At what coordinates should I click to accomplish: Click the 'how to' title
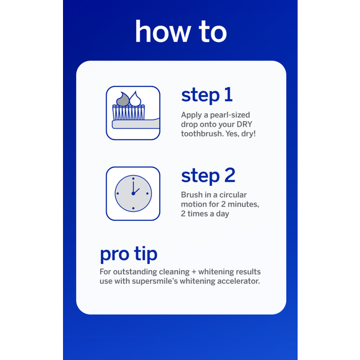[x=181, y=31]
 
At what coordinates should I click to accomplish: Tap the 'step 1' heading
[x=207, y=95]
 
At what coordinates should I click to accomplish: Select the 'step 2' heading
[x=208, y=176]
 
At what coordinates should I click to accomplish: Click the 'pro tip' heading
[x=128, y=254]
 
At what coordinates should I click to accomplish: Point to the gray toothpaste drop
[x=123, y=99]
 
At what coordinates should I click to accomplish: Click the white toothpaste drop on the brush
[x=135, y=99]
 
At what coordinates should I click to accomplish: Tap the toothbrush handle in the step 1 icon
[x=136, y=124]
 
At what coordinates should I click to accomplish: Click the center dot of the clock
[x=133, y=194]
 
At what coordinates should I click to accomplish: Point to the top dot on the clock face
[x=133, y=179]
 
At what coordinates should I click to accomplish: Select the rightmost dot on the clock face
[x=148, y=194]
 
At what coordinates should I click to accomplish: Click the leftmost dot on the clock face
[x=118, y=194]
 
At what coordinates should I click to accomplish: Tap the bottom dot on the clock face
[x=133, y=208]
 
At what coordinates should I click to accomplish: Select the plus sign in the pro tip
[x=194, y=272]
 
